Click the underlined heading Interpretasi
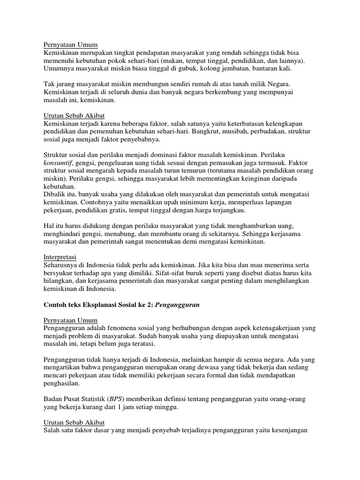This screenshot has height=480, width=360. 60,257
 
